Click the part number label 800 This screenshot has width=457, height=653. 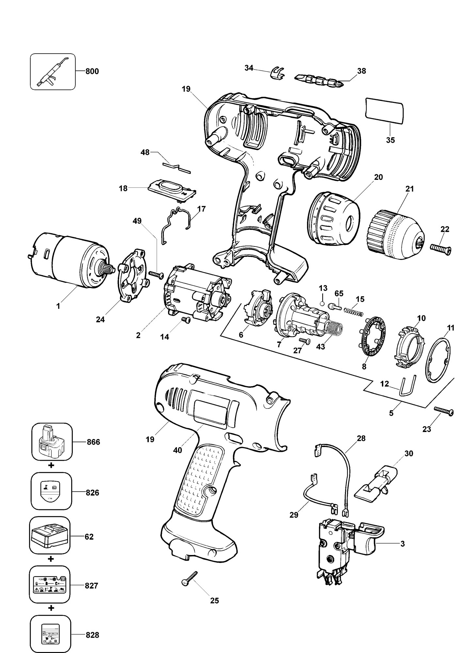click(92, 71)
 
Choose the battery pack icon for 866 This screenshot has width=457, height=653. click(52, 442)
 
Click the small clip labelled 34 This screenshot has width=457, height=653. click(277, 73)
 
